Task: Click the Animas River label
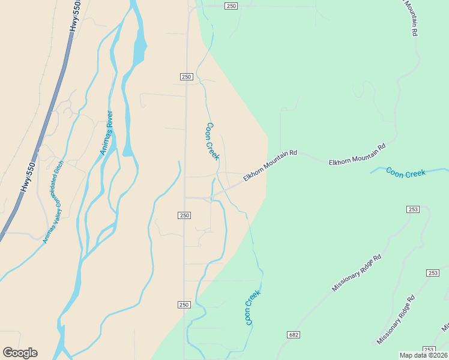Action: (x=106, y=133)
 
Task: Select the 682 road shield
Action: (x=293, y=335)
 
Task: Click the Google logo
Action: (x=20, y=353)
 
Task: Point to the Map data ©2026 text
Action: (x=424, y=355)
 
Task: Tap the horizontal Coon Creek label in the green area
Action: (x=406, y=173)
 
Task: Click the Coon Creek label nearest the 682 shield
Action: (x=252, y=308)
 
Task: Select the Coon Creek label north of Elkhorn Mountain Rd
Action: (x=212, y=142)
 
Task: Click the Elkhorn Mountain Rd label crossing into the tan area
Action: (x=271, y=166)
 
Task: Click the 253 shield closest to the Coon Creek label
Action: (x=412, y=209)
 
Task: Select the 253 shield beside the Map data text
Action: (x=429, y=349)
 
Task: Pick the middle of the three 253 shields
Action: (x=433, y=273)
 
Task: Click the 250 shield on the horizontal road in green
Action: (x=232, y=6)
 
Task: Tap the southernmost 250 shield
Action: (x=184, y=305)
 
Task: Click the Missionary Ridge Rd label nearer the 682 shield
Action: (x=357, y=274)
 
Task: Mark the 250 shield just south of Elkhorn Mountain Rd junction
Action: (x=184, y=215)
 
